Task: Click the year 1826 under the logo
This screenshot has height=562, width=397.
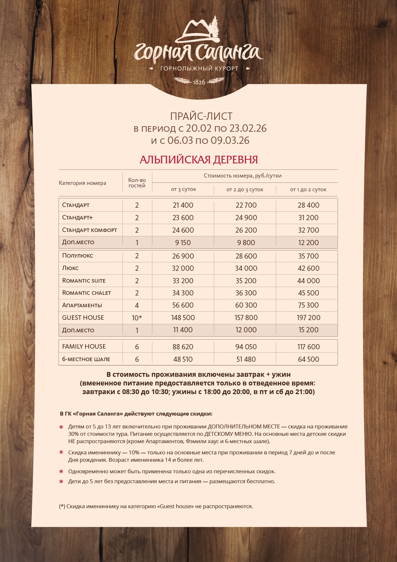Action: click(x=199, y=82)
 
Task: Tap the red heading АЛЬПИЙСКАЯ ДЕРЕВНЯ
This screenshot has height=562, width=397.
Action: click(x=199, y=160)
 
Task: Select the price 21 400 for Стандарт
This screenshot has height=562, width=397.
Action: click(x=183, y=205)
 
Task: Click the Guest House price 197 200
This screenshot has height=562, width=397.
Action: click(x=308, y=318)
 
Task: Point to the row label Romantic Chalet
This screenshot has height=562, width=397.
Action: click(x=86, y=293)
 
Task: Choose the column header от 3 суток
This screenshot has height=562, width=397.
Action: click(x=183, y=189)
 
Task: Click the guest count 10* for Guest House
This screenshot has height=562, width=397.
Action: click(x=137, y=318)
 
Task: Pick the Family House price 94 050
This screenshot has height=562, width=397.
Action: click(x=246, y=347)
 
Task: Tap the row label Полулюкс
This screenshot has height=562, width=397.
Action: click(x=77, y=256)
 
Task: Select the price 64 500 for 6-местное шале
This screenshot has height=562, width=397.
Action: click(x=308, y=359)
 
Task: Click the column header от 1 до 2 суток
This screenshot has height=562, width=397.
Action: click(x=308, y=189)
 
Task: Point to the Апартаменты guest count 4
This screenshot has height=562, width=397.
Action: click(x=137, y=305)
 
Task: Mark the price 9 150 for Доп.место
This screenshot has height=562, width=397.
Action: click(x=183, y=243)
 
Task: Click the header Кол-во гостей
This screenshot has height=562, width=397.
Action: click(x=137, y=183)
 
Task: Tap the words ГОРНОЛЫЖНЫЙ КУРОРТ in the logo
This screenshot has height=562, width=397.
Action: click(x=199, y=68)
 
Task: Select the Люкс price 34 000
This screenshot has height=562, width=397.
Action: click(x=246, y=268)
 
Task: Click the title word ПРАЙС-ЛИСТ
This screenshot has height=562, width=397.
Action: click(x=201, y=116)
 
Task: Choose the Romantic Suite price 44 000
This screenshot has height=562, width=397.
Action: click(x=308, y=281)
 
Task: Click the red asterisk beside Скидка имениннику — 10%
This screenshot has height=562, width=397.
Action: click(x=61, y=452)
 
